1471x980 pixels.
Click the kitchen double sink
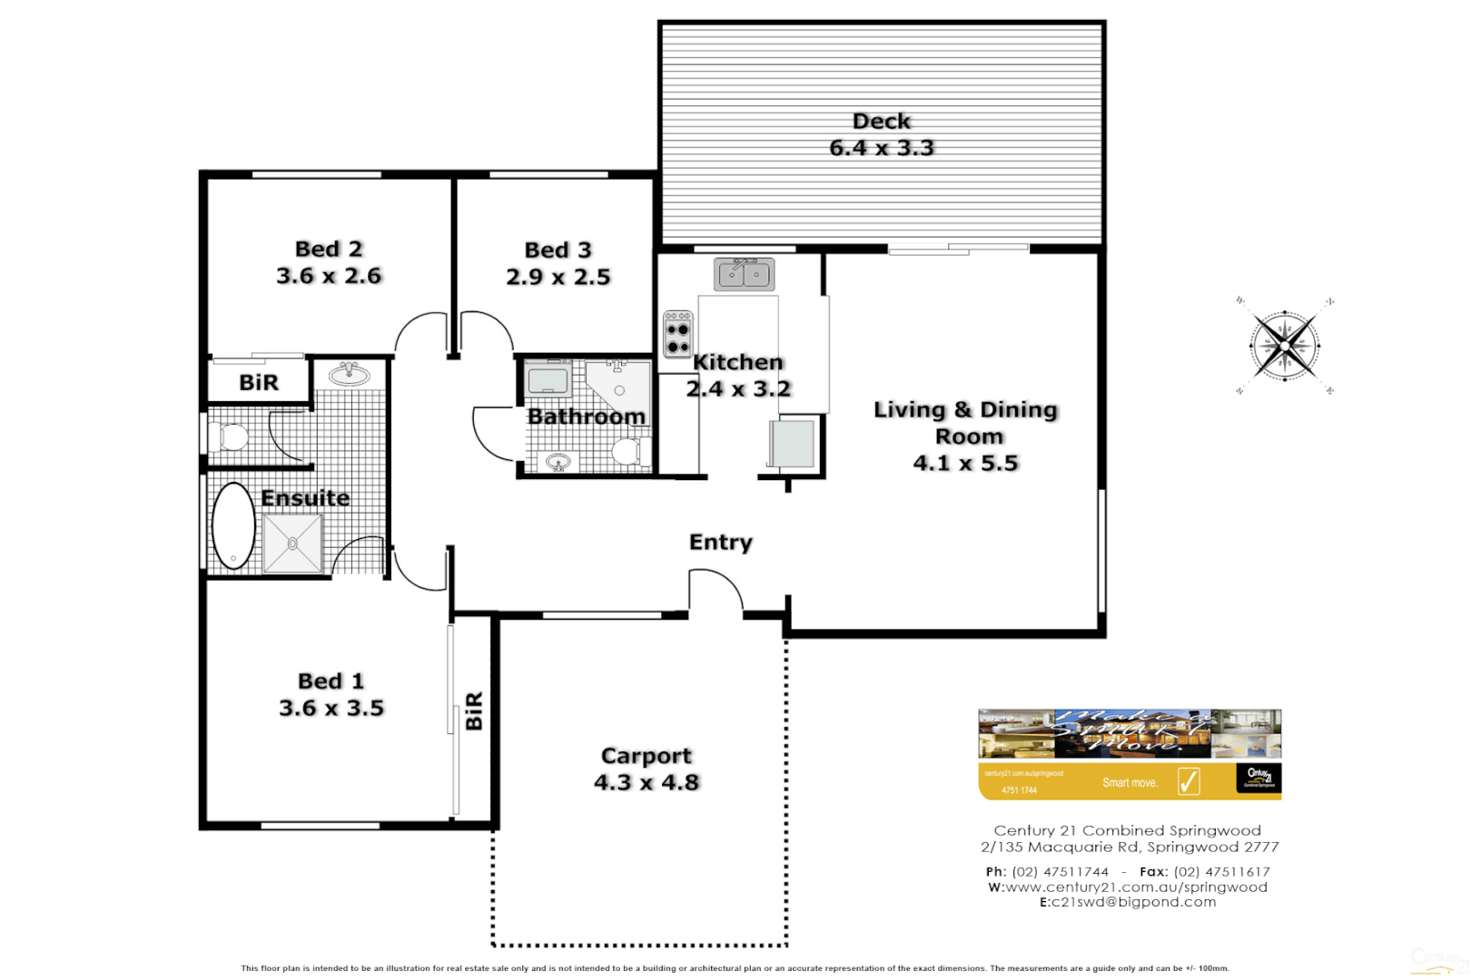click(744, 274)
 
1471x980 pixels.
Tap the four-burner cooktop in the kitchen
click(677, 334)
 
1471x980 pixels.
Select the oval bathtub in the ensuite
click(233, 526)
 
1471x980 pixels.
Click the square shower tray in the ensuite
click(292, 544)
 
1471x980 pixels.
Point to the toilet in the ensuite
click(229, 437)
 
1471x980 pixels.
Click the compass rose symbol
click(1285, 346)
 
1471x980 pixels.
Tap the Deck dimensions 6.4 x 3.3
click(881, 148)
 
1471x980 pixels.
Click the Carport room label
click(646, 756)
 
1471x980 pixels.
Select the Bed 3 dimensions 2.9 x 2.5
click(558, 277)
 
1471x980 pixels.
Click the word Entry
click(720, 543)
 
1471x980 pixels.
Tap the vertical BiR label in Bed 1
click(474, 710)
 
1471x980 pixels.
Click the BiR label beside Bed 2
click(259, 383)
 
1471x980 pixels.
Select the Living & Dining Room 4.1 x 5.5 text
click(965, 436)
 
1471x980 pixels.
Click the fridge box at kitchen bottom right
click(793, 444)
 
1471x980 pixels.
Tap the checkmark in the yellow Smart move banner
click(1188, 781)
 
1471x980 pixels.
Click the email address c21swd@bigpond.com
click(1127, 902)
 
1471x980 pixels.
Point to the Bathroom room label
click(586, 416)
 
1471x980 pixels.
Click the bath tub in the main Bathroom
click(548, 377)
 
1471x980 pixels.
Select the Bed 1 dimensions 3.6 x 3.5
click(331, 708)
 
